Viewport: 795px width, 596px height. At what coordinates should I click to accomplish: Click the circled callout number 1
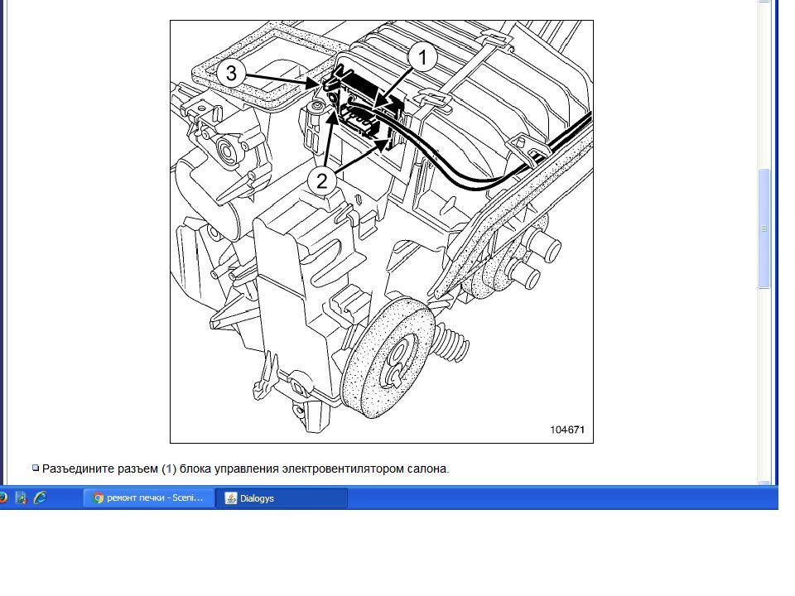pyautogui.click(x=423, y=57)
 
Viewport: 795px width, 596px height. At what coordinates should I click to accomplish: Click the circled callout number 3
pyautogui.click(x=231, y=73)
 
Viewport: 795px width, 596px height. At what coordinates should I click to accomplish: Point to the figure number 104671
pyautogui.click(x=567, y=430)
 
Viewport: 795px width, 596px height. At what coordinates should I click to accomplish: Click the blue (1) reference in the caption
pyautogui.click(x=169, y=469)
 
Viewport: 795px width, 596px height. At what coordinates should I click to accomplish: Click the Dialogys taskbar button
pyautogui.click(x=282, y=498)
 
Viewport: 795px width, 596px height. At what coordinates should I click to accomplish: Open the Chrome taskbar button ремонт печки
pyautogui.click(x=149, y=498)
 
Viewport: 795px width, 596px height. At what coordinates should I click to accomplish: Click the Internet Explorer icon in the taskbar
pyautogui.click(x=40, y=497)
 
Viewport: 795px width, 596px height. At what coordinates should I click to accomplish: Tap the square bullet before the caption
pyautogui.click(x=36, y=468)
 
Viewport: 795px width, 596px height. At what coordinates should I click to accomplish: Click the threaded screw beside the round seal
pyautogui.click(x=451, y=342)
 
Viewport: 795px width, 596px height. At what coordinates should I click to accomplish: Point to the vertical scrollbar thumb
pyautogui.click(x=764, y=228)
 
